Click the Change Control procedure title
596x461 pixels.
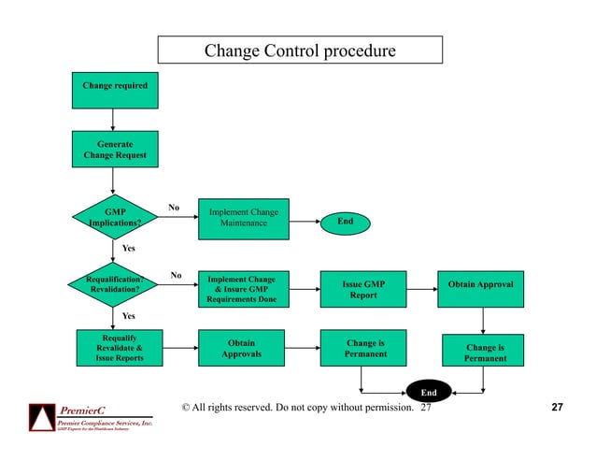pyautogui.click(x=299, y=50)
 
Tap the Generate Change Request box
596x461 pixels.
pyautogui.click(x=114, y=150)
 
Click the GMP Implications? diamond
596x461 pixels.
pyautogui.click(x=114, y=218)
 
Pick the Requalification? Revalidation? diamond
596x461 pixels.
pyautogui.click(x=114, y=283)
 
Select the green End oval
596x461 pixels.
pyautogui.click(x=345, y=222)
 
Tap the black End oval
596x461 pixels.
pyautogui.click(x=429, y=394)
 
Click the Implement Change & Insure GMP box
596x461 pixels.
pyautogui.click(x=242, y=290)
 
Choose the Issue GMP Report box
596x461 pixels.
pyautogui.click(x=363, y=290)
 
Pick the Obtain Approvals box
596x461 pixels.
pyautogui.click(x=242, y=348)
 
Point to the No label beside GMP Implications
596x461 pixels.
pyautogui.click(x=173, y=207)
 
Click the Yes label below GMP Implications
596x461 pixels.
pyautogui.click(x=129, y=248)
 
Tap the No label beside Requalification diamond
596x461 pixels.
pyautogui.click(x=176, y=275)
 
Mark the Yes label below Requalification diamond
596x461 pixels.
pyautogui.click(x=129, y=316)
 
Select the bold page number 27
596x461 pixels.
pyautogui.click(x=558, y=409)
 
